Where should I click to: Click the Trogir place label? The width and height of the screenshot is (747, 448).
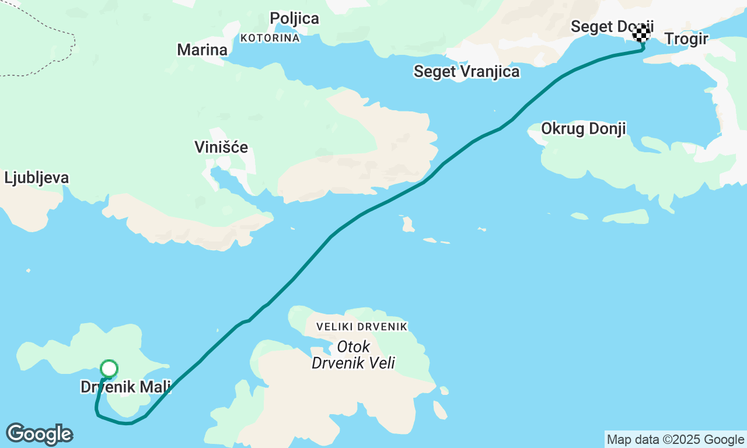coord(686,39)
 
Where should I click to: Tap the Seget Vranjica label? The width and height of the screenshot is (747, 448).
coord(466,71)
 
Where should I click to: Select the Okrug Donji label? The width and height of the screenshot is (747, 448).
coord(584,128)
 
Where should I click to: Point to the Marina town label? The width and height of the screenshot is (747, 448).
coord(202,50)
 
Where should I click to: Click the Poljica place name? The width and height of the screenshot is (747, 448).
coord(294,19)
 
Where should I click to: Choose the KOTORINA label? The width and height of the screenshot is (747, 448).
coord(270,38)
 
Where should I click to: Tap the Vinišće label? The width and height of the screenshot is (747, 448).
coord(221,147)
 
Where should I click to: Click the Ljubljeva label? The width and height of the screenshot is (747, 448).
coord(36,178)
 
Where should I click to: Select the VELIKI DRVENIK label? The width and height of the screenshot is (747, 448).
coord(362,327)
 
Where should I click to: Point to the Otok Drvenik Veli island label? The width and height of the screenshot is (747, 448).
coord(353,355)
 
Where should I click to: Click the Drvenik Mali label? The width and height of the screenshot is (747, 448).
coord(125,387)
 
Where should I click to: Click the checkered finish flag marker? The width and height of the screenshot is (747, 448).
coord(641,33)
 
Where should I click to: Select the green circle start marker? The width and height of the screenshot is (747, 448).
coord(109,369)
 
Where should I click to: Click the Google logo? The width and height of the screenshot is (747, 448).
coord(39,434)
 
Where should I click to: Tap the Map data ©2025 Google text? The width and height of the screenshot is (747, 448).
coord(675,440)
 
